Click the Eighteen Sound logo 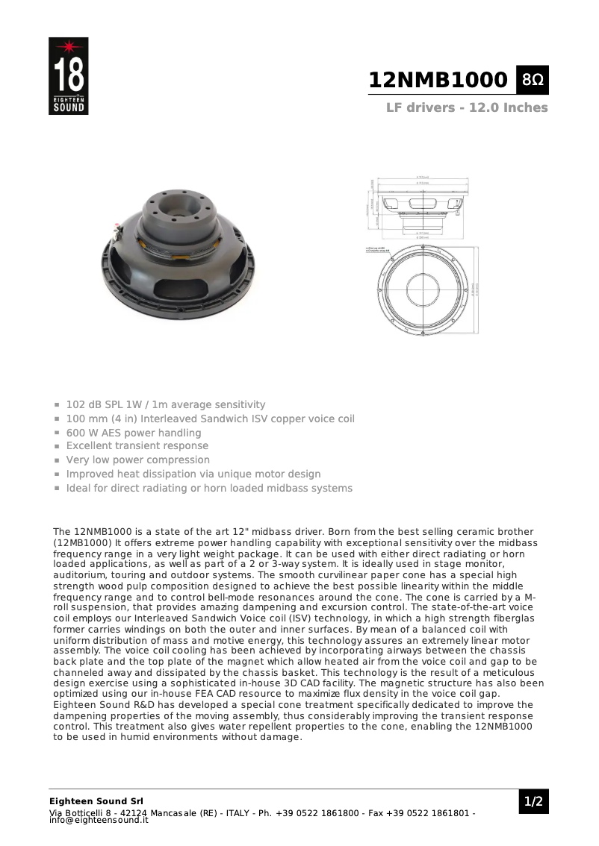point(68,76)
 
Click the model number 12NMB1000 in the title point(438,81)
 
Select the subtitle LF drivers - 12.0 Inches point(467,107)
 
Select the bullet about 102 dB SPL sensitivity point(166,404)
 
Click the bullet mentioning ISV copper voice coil point(210,419)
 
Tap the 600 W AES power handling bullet point(134,433)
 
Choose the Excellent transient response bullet point(137,446)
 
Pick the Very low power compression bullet point(138,460)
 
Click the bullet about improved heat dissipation point(193,474)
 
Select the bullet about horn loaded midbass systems point(209,488)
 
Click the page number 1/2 point(533,802)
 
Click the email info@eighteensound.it point(99,820)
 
